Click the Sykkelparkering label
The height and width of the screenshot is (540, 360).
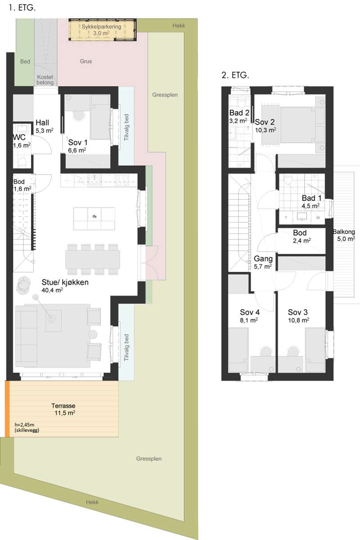tap(101, 27)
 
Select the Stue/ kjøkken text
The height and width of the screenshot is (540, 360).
tap(65, 282)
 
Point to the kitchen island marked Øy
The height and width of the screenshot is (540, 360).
tap(94, 218)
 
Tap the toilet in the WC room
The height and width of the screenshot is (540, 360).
tap(22, 162)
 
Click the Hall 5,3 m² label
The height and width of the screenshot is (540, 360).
tap(45, 126)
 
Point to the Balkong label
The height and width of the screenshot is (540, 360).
tap(344, 232)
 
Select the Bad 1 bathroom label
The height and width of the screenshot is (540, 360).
tap(311, 198)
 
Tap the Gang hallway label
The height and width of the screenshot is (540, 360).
tap(263, 259)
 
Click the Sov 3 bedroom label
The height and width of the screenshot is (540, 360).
tap(298, 312)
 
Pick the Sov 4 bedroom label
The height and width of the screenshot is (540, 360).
tap(250, 312)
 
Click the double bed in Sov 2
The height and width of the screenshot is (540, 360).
tap(298, 125)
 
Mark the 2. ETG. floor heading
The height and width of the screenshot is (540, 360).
tap(235, 76)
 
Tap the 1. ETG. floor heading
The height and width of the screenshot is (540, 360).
tap(22, 8)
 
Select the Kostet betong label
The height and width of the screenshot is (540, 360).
tap(45, 80)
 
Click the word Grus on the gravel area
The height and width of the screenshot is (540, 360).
tap(86, 61)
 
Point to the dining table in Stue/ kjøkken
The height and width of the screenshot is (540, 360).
tap(93, 259)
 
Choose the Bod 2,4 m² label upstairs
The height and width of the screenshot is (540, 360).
tap(301, 237)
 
